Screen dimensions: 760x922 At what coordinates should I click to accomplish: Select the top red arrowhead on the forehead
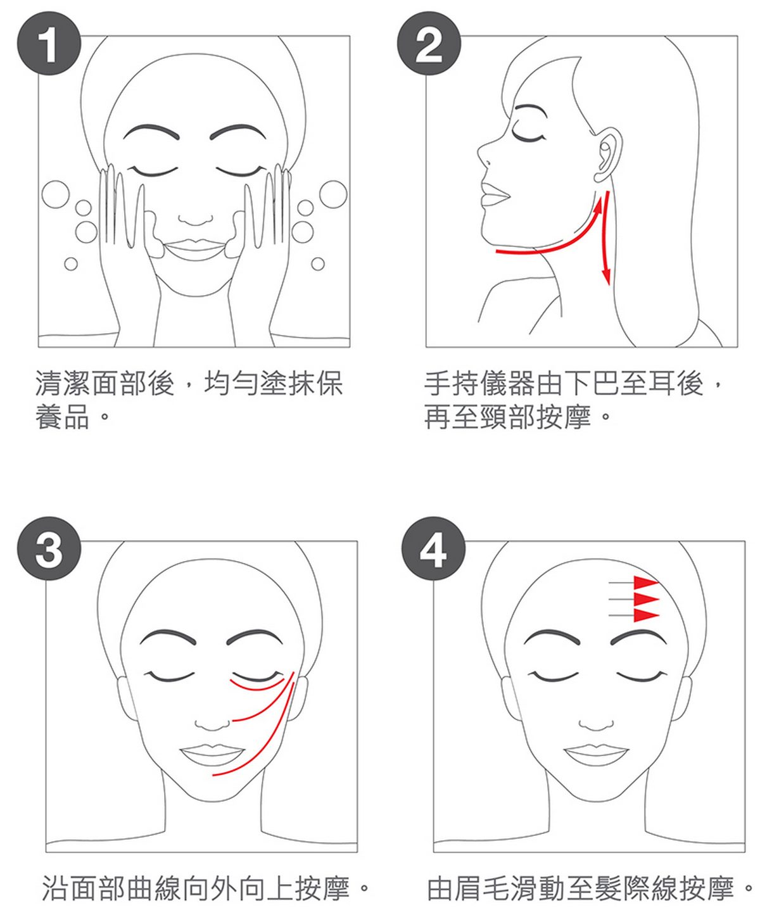pos(646,583)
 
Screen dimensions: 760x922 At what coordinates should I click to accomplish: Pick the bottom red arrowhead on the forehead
pos(646,615)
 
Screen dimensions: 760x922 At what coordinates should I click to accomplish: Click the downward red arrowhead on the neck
pos(607,275)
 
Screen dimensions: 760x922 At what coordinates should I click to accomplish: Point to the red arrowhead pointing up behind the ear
pos(597,206)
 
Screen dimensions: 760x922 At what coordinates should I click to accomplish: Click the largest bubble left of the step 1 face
pos(56,194)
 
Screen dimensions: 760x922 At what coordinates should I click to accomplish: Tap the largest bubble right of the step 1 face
pos(333,194)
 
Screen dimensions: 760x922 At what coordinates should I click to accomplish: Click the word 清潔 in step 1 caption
pos(63,383)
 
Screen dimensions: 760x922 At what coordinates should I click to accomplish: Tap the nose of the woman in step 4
pos(596,724)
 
